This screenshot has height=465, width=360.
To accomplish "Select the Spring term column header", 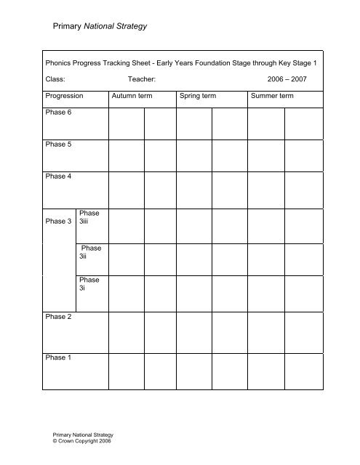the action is (199, 96).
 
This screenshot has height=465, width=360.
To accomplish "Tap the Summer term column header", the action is (273, 96).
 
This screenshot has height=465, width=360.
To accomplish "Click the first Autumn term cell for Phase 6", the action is (126, 122).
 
